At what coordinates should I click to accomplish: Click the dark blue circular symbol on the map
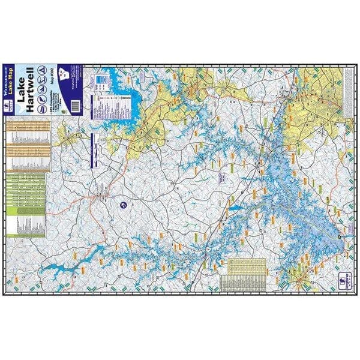pyautogui.click(x=123, y=206)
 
